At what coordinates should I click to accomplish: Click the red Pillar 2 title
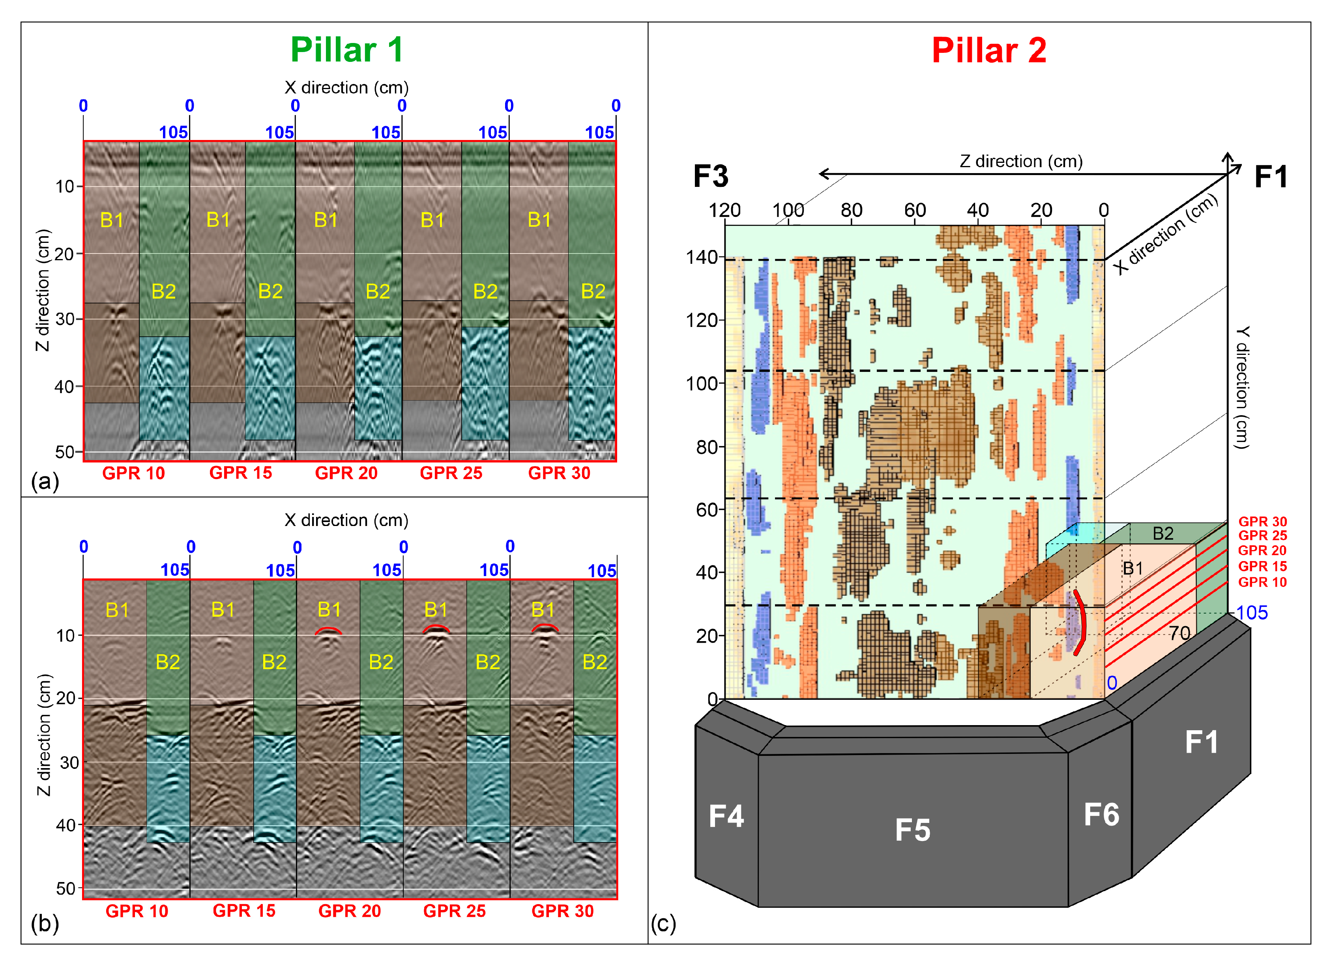988,50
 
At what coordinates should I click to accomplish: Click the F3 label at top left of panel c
711,176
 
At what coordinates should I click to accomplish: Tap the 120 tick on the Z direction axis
724,210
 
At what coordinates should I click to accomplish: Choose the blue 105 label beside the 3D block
1252,613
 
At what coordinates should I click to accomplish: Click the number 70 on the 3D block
1179,633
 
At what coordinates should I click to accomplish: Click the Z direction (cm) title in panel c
1021,161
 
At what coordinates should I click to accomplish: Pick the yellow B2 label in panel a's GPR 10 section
164,291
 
